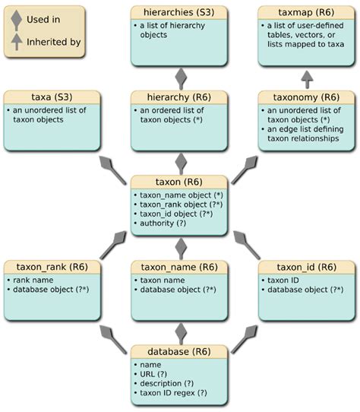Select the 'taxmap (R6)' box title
pyautogui.click(x=306, y=12)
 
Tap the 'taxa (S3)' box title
pyautogui.click(x=52, y=97)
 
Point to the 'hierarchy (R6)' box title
pyautogui.click(x=180, y=97)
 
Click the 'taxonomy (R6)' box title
pyautogui.click(x=306, y=97)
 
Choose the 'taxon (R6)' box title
pyautogui.click(x=180, y=182)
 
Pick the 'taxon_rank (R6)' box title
pyautogui.click(x=52, y=267)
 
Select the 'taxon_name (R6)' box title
pyautogui.click(x=180, y=267)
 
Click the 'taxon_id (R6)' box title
pyautogui.click(x=306, y=267)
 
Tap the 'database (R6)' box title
pyautogui.click(x=180, y=352)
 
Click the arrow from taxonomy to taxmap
pyautogui.click(x=306, y=79)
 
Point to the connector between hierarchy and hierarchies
pyautogui.click(x=181, y=79)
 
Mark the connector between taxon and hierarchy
pyautogui.click(x=181, y=163)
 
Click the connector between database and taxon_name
pyautogui.click(x=181, y=333)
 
